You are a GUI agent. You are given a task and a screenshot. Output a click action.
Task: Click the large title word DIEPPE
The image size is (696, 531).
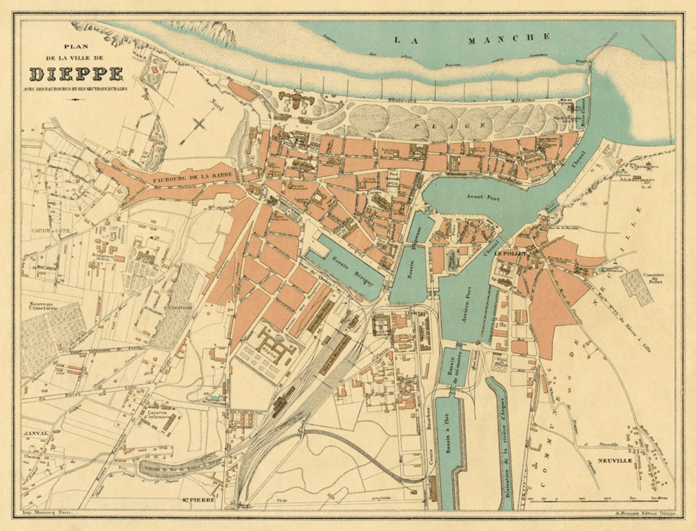[x=76, y=74]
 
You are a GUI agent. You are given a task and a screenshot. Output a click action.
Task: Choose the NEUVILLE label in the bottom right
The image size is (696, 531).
[x=615, y=460]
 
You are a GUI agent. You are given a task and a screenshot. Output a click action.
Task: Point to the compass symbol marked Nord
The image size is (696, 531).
[x=200, y=124]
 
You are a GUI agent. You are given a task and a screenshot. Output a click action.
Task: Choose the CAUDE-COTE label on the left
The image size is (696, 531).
[x=46, y=231]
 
